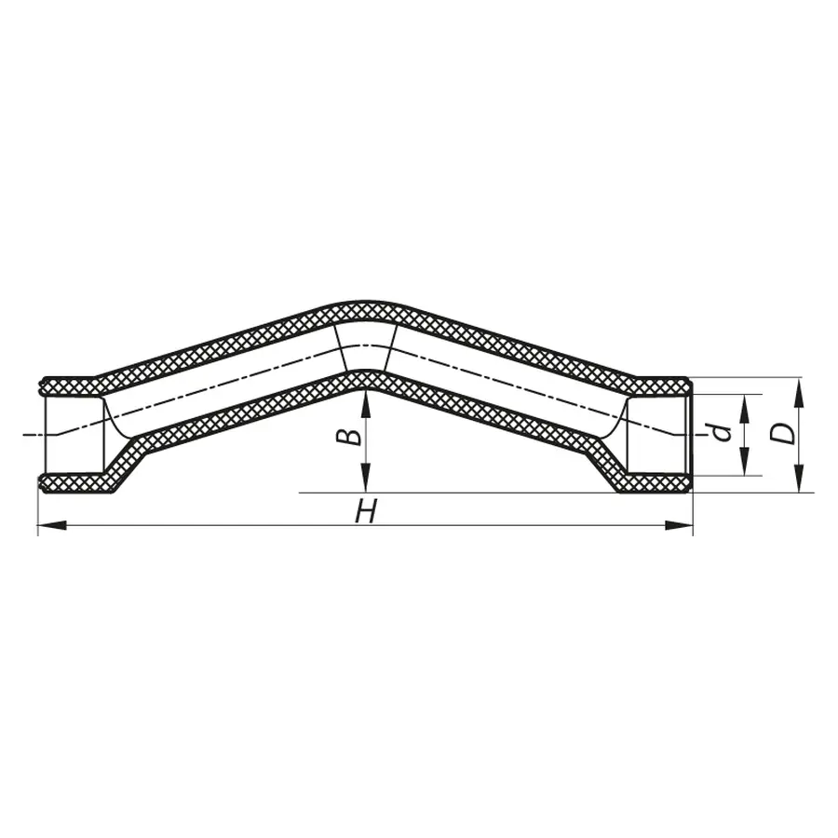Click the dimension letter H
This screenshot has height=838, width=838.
point(368,510)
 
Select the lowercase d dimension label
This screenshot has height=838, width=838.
point(717,432)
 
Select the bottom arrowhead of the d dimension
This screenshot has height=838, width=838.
point(745,467)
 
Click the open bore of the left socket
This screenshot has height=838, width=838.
point(73,434)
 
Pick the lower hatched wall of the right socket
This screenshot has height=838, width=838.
point(656,483)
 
